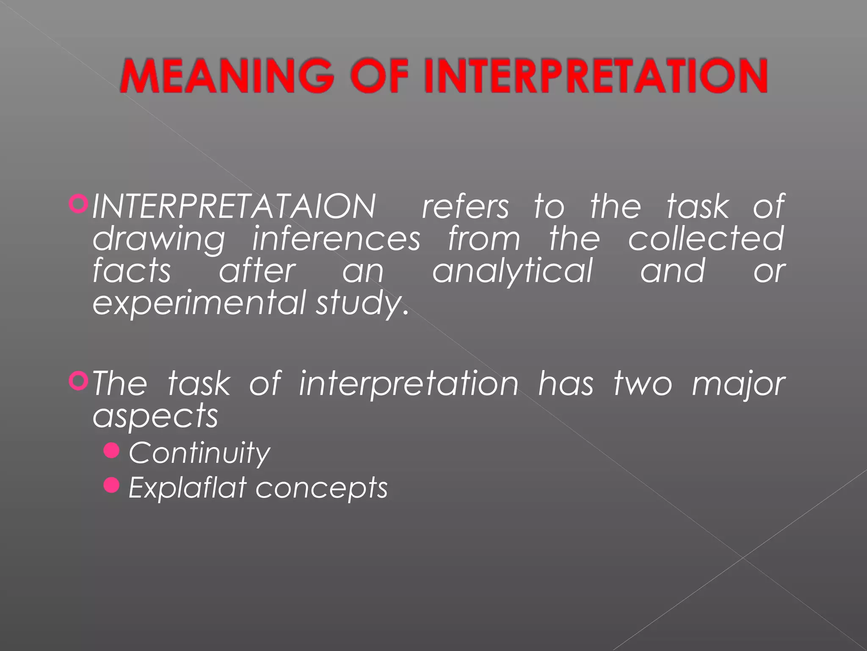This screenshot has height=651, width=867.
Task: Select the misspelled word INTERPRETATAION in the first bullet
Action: tap(234, 206)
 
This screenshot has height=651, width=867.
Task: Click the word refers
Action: tap(465, 206)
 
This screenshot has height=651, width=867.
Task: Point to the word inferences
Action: tap(336, 239)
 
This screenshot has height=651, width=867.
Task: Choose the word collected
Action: tap(706, 239)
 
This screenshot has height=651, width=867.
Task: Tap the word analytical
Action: tap(512, 271)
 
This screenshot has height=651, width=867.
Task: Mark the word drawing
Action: tap(159, 239)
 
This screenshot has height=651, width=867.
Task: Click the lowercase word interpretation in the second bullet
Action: tap(409, 384)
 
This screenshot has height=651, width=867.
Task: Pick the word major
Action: tap(738, 384)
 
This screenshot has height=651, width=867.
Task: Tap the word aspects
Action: tap(155, 416)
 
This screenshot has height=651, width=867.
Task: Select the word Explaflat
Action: tap(187, 487)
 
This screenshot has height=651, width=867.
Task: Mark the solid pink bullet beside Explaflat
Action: tap(112, 485)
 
